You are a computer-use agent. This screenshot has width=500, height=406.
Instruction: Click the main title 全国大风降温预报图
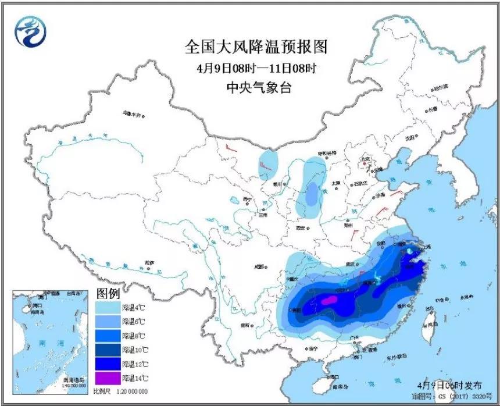(x=256, y=46)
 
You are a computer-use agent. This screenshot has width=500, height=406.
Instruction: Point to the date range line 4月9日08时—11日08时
(x=256, y=68)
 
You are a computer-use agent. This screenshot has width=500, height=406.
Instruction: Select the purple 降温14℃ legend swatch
(x=108, y=377)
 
